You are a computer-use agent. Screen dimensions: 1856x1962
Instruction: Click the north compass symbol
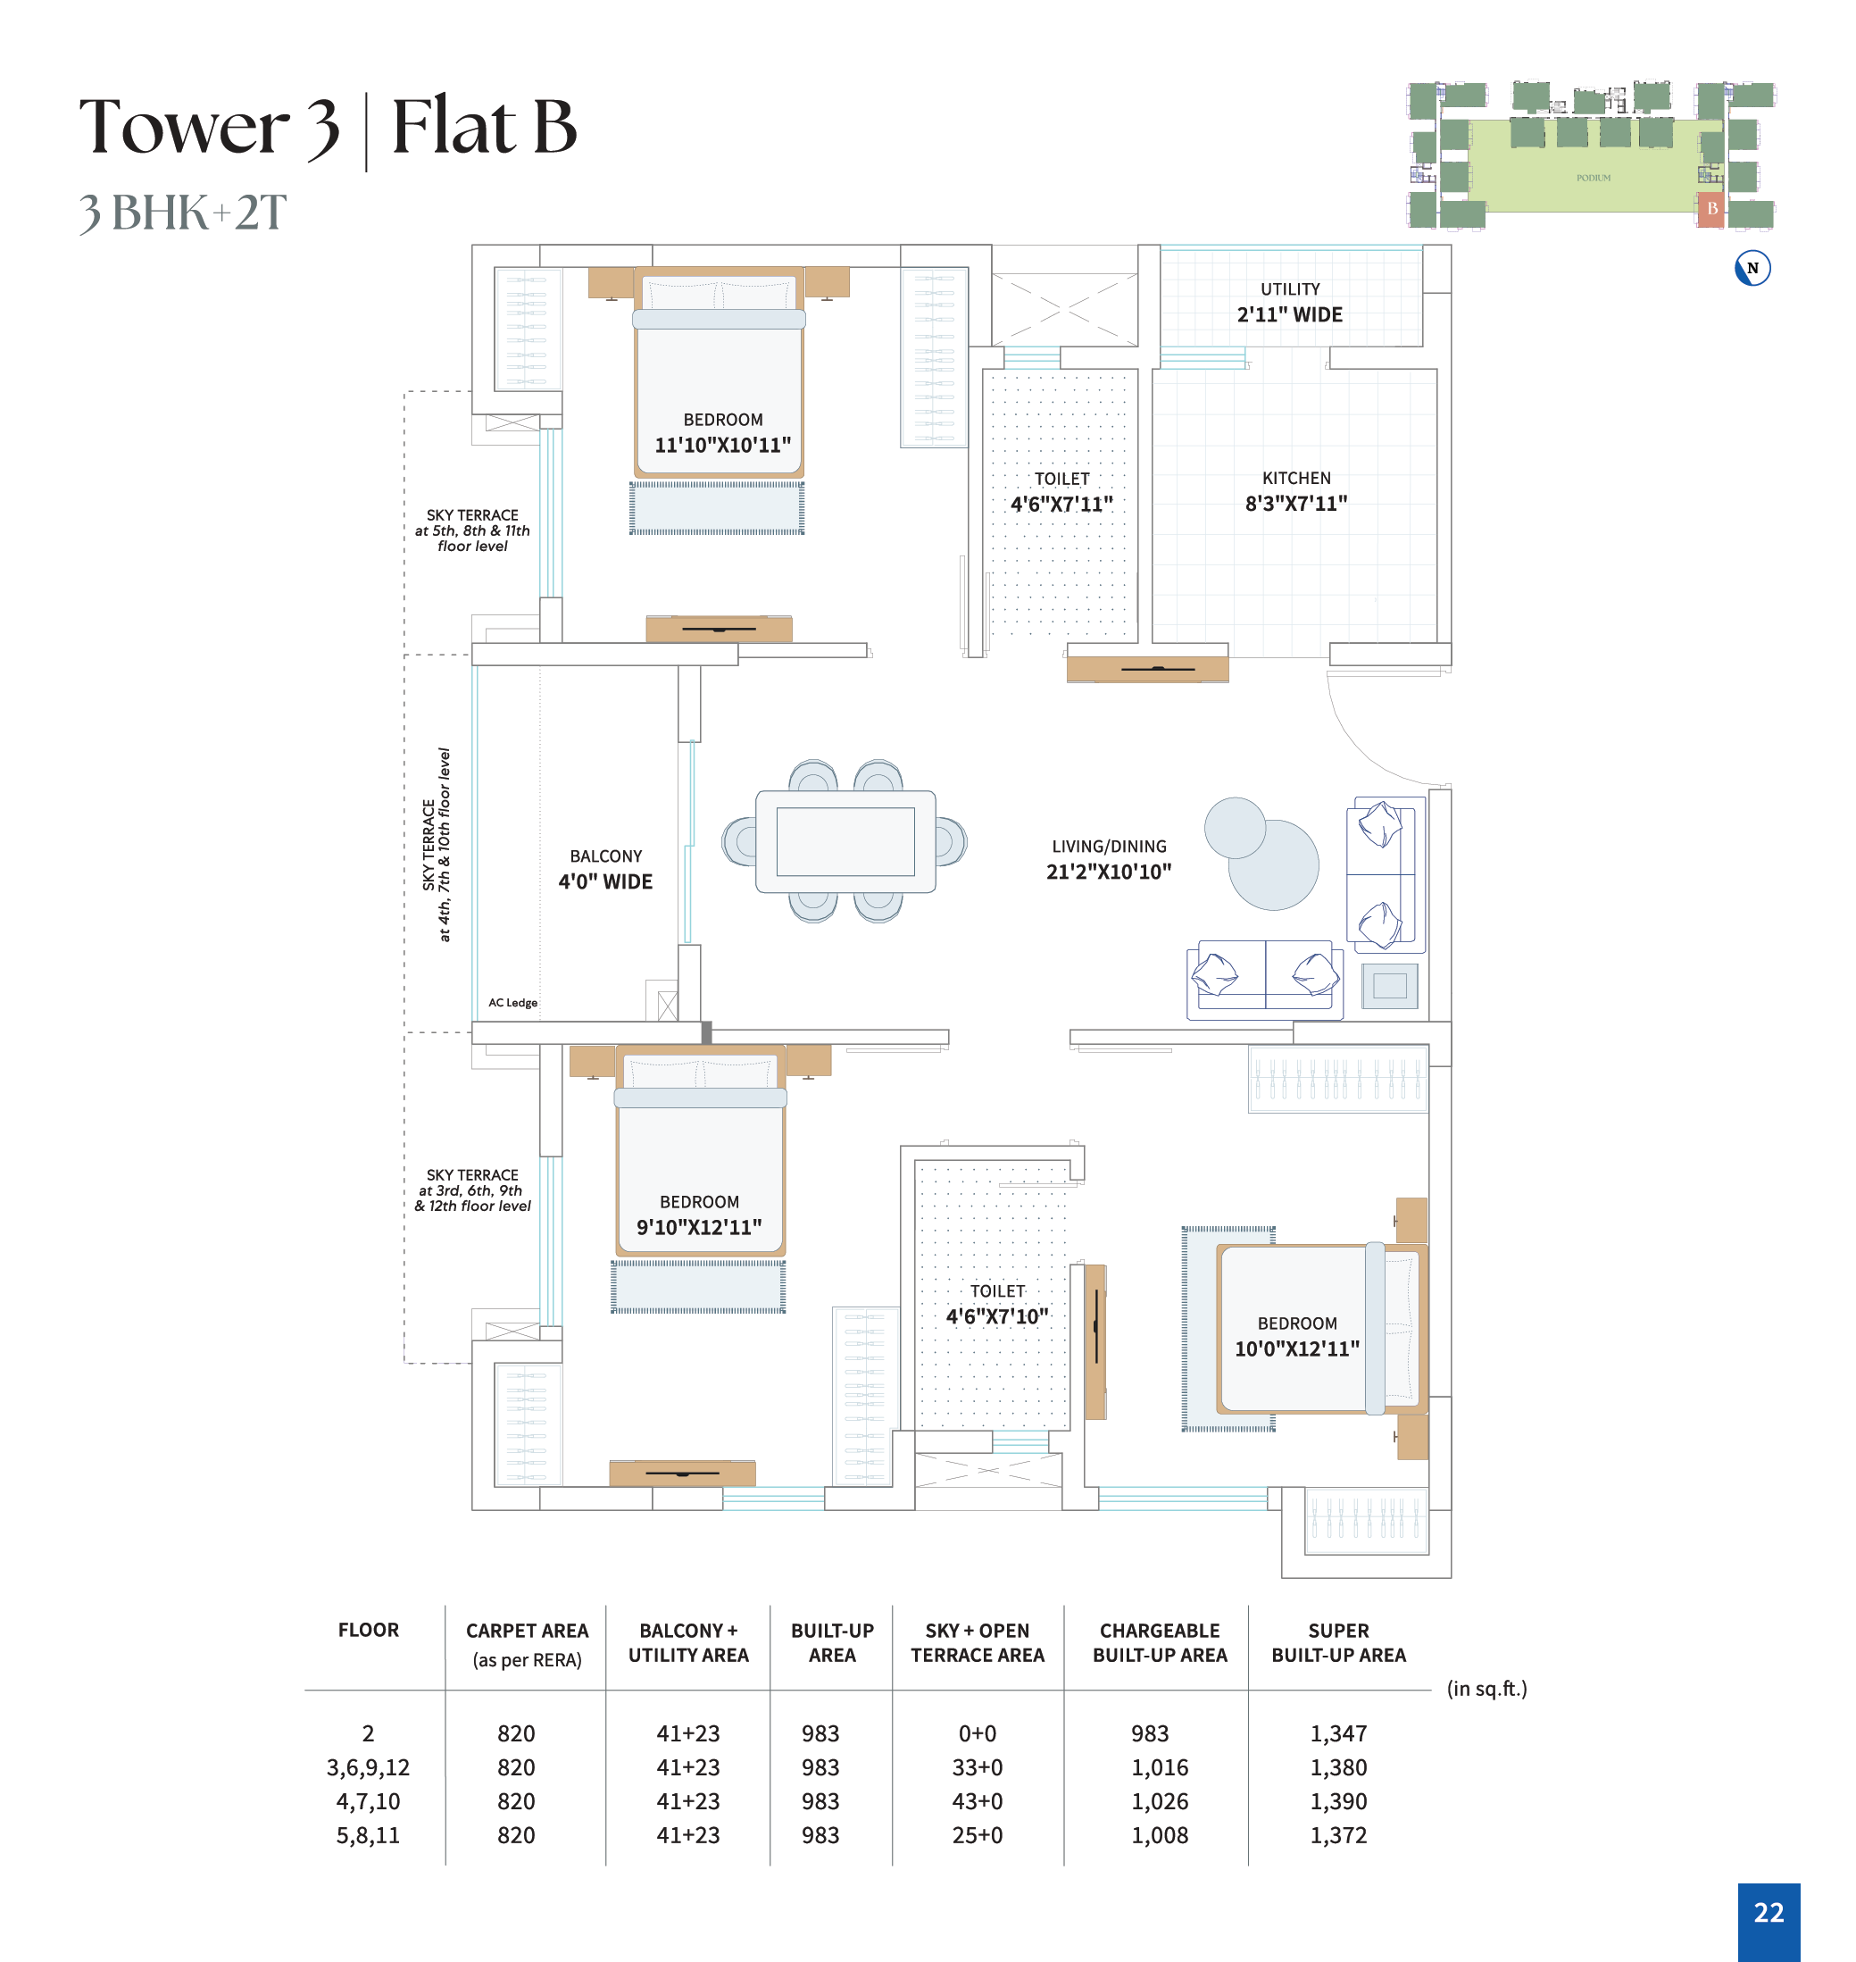pyautogui.click(x=1752, y=268)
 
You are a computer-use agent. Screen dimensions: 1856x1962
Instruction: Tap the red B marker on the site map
pyautogui.click(x=1710, y=209)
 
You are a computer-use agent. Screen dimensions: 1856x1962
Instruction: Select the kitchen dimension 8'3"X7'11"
pyautogui.click(x=1296, y=504)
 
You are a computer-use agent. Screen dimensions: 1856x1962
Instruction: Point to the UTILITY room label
pyautogui.click(x=1290, y=289)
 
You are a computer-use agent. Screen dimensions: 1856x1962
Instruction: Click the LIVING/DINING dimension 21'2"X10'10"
pyautogui.click(x=1109, y=872)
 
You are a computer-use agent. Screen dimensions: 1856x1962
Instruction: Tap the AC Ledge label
pyautogui.click(x=512, y=1002)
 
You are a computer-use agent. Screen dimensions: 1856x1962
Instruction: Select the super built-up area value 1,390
pyautogui.click(x=1338, y=1802)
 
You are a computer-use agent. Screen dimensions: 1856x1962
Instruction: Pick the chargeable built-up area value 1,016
pyautogui.click(x=1160, y=1768)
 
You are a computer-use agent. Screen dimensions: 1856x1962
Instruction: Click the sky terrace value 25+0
pyautogui.click(x=978, y=1835)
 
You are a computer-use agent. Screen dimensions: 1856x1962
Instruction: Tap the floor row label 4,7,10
pyautogui.click(x=368, y=1802)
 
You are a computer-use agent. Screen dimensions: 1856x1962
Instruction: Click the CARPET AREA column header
pyautogui.click(x=528, y=1631)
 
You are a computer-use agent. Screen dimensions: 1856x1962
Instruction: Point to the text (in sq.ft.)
pyautogui.click(x=1487, y=1689)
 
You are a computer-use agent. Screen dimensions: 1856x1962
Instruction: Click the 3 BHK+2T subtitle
pyautogui.click(x=183, y=213)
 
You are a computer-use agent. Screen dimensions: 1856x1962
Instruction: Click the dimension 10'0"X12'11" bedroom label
pyautogui.click(x=1297, y=1348)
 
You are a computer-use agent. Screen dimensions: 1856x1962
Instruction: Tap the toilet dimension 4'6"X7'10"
pyautogui.click(x=997, y=1316)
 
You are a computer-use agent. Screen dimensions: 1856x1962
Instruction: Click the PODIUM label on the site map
pyautogui.click(x=1593, y=178)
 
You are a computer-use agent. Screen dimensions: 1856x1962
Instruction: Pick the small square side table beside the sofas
pyautogui.click(x=1390, y=985)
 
